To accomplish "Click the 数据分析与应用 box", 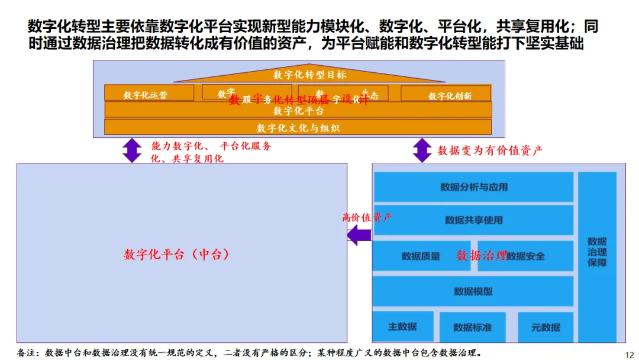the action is (473, 187).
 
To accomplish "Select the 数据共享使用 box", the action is (473, 220).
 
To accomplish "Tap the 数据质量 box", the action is (421, 256).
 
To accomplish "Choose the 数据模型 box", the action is (473, 291).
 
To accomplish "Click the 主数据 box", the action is (402, 327).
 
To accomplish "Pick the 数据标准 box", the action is (472, 327).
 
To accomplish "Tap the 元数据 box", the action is (546, 327).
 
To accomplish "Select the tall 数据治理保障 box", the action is (597, 252).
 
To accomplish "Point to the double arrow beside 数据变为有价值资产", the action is (422, 150).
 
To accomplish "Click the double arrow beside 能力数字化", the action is (131, 150).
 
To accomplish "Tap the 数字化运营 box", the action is (149, 94).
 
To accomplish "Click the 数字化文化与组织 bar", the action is (298, 127).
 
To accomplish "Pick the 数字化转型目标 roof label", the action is (309, 75).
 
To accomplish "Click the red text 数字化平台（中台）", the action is (176, 255).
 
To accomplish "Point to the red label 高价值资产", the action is (367, 217).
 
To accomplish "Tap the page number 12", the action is (629, 354).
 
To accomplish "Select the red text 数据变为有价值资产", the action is (489, 150).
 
